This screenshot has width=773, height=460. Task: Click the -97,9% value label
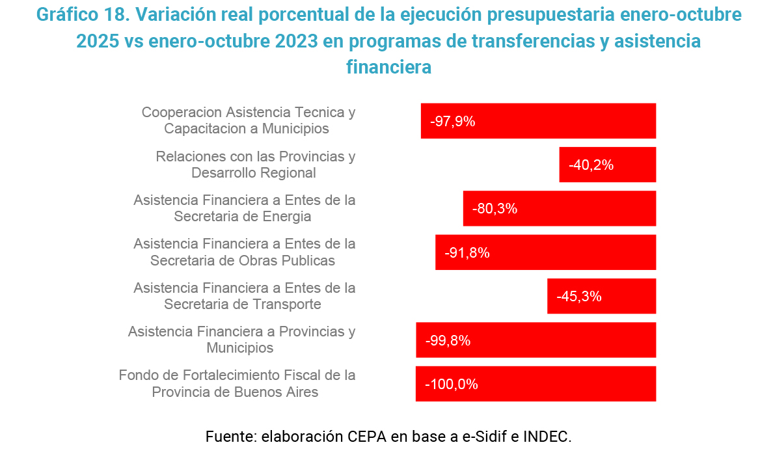(x=453, y=121)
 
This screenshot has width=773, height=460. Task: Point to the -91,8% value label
(x=467, y=253)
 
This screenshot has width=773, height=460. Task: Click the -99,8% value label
(x=448, y=340)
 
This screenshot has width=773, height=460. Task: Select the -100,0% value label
(x=452, y=385)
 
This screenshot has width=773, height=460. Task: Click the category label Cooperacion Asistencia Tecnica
(x=248, y=120)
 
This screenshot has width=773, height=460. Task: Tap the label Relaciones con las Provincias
(x=255, y=165)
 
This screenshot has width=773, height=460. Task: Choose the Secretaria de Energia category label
(x=244, y=208)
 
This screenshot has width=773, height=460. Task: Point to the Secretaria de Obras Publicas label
(x=244, y=252)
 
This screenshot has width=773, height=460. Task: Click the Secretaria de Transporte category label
(x=244, y=296)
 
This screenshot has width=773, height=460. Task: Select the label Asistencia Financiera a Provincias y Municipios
(x=241, y=340)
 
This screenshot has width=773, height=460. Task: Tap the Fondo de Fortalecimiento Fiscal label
(x=237, y=384)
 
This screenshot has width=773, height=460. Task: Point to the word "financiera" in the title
(x=388, y=67)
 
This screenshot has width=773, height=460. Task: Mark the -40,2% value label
(x=591, y=165)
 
